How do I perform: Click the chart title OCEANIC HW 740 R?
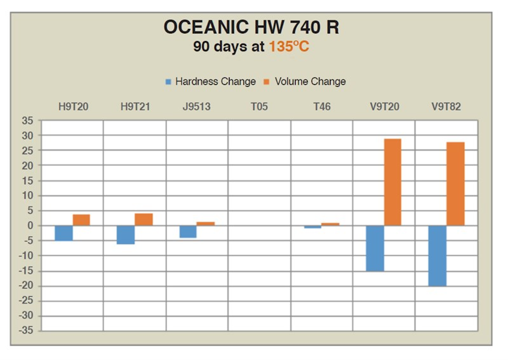[x=251, y=28]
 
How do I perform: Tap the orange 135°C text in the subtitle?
[x=289, y=47]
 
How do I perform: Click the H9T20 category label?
[x=73, y=106]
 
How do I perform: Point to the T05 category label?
[x=259, y=106]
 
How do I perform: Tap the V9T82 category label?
[x=446, y=106]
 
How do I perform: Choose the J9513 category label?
[x=196, y=106]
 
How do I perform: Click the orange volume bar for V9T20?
[x=393, y=182]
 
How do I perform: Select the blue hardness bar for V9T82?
[x=437, y=256]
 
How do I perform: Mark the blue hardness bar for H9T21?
[x=126, y=234]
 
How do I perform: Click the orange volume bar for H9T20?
[x=81, y=220]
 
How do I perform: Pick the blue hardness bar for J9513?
[x=188, y=232]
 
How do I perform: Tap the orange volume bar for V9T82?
[x=455, y=184]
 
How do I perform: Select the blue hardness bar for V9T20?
[x=375, y=248]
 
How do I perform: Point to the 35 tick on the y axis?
[x=28, y=121]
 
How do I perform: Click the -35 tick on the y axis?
[x=26, y=330]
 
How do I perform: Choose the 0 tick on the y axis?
[x=30, y=226]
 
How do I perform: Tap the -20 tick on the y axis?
[x=26, y=286]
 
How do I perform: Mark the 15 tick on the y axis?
[x=28, y=181]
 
